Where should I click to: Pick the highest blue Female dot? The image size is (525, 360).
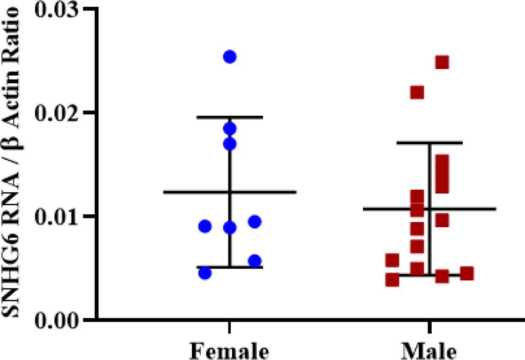pyautogui.click(x=230, y=57)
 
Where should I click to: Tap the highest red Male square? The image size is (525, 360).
pyautogui.click(x=442, y=62)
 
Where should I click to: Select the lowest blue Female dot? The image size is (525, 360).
pyautogui.click(x=205, y=273)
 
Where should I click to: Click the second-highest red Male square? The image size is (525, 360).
pyautogui.click(x=417, y=93)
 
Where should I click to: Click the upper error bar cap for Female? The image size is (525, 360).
pyautogui.click(x=230, y=117)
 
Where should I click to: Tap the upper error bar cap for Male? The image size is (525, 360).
pyautogui.click(x=429, y=143)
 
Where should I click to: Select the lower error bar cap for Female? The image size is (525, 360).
pyautogui.click(x=230, y=267)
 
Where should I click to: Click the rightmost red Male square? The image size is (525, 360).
pyautogui.click(x=466, y=273)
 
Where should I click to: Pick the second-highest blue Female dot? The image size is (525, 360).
pyautogui.click(x=230, y=128)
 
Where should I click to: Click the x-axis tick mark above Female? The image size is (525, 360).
pyautogui.click(x=230, y=326)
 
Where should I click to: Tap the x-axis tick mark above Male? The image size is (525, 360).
pyautogui.click(x=429, y=326)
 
